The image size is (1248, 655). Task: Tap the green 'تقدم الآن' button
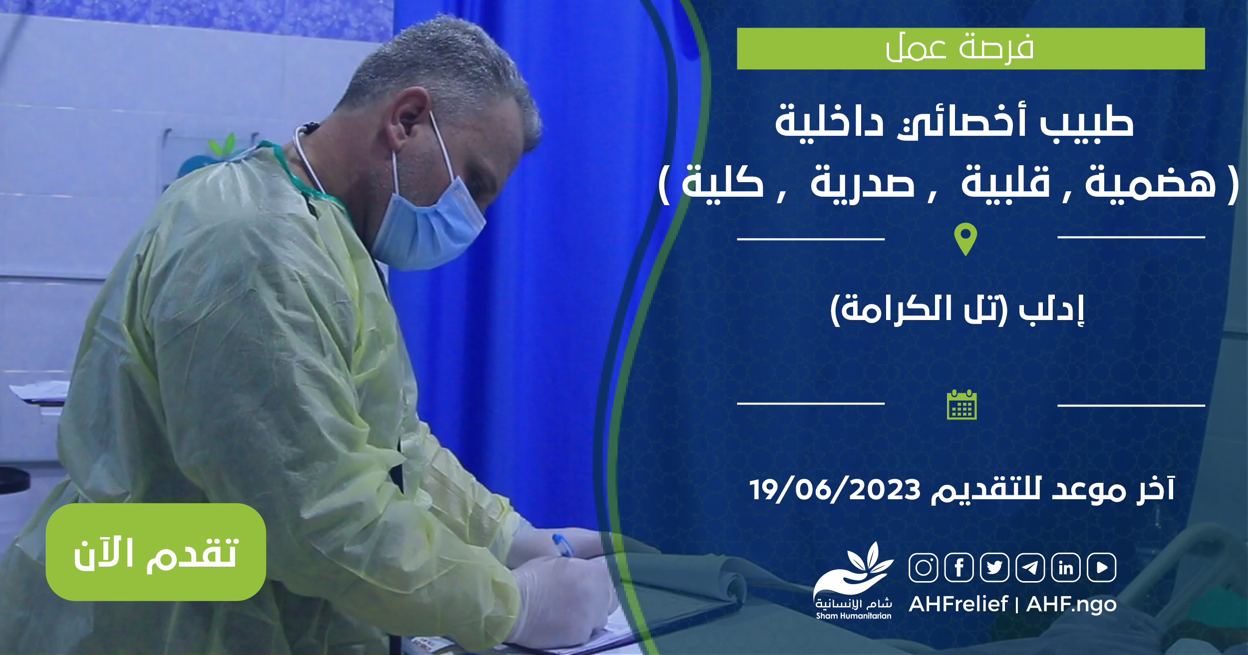point(156,552)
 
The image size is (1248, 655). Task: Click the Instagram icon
point(924,568)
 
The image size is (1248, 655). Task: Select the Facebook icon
point(959,568)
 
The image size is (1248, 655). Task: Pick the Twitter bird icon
point(995,568)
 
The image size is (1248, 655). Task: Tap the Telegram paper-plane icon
point(1030,568)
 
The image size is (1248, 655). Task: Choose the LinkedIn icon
point(1066,568)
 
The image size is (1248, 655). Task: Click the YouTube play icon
point(1102,568)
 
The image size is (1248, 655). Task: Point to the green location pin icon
point(965,239)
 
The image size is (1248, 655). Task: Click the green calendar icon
point(962,404)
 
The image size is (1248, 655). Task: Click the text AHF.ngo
point(1071,605)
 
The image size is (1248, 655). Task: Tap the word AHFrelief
point(958,604)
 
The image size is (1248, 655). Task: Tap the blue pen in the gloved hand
point(563,545)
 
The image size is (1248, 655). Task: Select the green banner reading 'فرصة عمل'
point(971,48)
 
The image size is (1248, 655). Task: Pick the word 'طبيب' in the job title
point(1087,122)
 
